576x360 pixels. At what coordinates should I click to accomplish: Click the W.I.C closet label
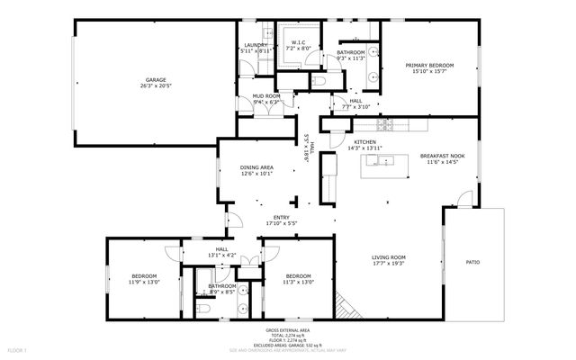click(x=300, y=41)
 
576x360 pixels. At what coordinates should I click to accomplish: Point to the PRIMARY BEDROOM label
click(x=428, y=65)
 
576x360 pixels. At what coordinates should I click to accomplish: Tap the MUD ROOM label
click(x=267, y=95)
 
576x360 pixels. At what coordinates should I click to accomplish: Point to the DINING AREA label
click(x=256, y=167)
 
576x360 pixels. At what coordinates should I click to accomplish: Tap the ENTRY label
click(x=282, y=217)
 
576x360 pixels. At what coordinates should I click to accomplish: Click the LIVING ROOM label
click(x=389, y=256)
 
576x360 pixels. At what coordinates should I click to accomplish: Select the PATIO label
click(x=472, y=262)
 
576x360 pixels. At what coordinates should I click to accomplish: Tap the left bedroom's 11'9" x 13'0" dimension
click(x=145, y=283)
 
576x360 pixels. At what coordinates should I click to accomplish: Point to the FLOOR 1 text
click(x=18, y=349)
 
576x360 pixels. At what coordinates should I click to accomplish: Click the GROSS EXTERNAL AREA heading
click(x=288, y=330)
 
